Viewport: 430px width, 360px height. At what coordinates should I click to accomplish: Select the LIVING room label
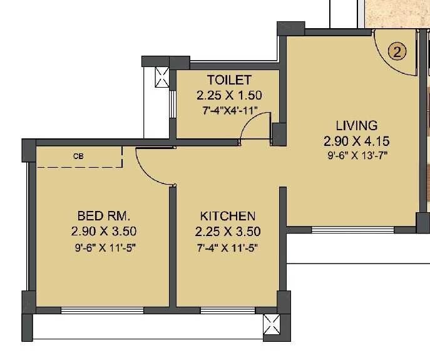pos(356,125)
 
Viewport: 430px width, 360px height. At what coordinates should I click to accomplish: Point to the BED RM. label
pos(103,216)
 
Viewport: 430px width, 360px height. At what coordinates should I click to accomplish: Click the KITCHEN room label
pos(228,216)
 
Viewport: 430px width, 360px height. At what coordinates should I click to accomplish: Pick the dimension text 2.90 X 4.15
pos(356,140)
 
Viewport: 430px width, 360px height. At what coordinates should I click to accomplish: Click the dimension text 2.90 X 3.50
pos(103,231)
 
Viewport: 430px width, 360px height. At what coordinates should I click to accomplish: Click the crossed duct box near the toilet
pos(161,78)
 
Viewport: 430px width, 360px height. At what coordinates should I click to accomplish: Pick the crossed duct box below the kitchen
pos(273,326)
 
